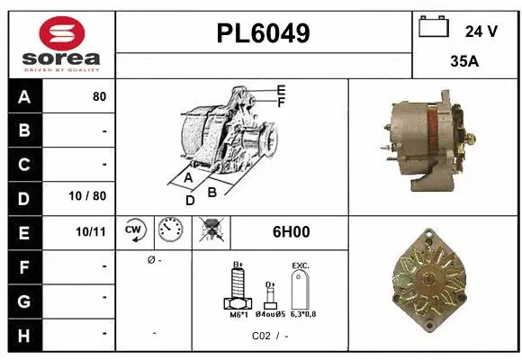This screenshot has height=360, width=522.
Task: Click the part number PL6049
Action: [264, 33]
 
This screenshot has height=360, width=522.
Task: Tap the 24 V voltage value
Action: [481, 31]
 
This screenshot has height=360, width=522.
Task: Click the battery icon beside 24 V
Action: [435, 28]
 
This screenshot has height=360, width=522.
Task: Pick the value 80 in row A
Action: [99, 96]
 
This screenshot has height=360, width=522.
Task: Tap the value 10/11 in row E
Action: [92, 231]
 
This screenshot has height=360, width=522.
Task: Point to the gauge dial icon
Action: [170, 231]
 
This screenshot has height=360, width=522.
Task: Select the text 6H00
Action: [291, 231]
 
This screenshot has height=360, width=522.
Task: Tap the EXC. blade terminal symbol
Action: [301, 291]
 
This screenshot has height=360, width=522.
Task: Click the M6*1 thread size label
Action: [238, 315]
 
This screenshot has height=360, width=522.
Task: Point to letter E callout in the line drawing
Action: [281, 90]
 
